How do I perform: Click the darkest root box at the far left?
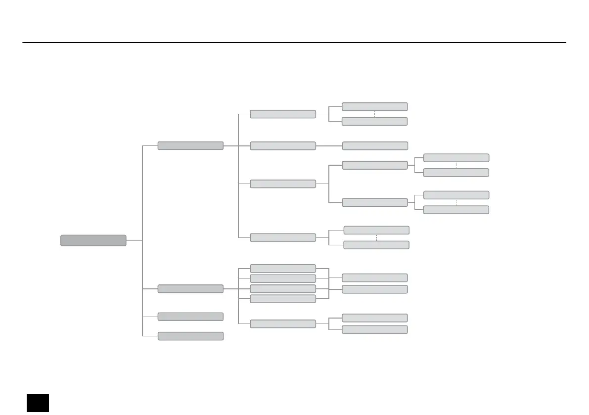point(93,240)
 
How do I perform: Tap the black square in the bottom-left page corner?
point(38,403)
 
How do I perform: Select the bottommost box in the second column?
point(190,336)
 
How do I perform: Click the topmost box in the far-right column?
point(456,158)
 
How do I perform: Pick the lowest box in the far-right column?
point(456,210)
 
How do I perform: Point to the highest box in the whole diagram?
point(375,106)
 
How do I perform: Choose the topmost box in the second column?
point(190,146)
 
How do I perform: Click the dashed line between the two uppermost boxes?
point(375,114)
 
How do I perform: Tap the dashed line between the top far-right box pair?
point(456,165)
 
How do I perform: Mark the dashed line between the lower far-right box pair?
point(456,202)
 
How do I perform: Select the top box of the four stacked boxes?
point(283,269)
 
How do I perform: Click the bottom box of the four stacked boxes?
point(283,299)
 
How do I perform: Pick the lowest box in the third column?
point(283,323)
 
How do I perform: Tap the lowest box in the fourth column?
point(375,329)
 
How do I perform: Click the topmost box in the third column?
point(283,114)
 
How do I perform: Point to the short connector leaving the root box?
point(134,241)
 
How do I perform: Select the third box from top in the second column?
point(190,317)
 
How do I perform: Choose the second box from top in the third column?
point(283,146)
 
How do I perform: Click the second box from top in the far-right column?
point(456,173)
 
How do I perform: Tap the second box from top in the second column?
point(190,289)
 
